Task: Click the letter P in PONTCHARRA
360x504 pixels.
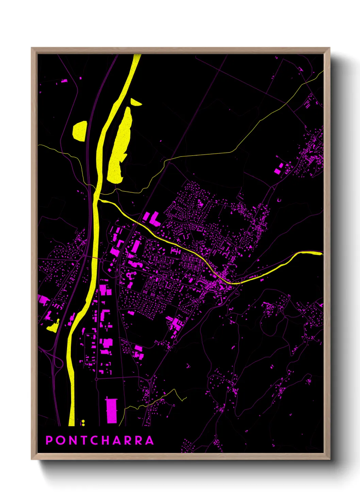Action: (49, 440)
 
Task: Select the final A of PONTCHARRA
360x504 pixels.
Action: (149, 440)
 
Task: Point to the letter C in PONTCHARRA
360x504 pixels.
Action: (95, 440)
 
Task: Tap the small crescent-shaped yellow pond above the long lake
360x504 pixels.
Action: (135, 102)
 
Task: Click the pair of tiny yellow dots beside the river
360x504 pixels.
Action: (83, 423)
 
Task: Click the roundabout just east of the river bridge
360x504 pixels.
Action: (102, 261)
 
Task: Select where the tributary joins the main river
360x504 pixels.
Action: (98, 200)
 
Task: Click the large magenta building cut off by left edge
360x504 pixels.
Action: (43, 300)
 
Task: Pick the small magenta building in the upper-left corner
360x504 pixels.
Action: (64, 81)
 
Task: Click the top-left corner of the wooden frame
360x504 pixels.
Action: (32, 48)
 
